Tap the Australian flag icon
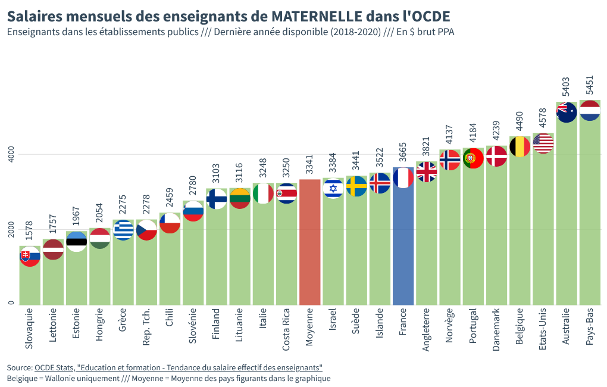567,113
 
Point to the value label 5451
589,85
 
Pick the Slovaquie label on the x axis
29,328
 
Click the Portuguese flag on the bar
473,158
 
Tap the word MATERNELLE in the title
313,15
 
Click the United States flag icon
543,143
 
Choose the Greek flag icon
123,230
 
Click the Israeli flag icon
333,188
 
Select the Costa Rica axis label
286,327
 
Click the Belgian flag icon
520,146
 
